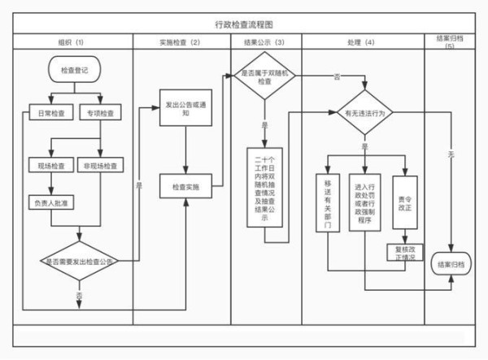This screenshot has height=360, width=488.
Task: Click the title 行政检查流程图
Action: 243,26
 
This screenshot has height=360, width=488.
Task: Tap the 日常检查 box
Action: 52,112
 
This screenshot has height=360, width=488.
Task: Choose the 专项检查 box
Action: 101,112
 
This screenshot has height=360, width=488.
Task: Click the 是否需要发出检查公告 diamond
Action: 80,261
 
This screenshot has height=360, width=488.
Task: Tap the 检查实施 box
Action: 186,188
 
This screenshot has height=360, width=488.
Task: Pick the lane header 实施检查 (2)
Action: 182,41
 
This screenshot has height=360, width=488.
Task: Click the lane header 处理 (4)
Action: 359,41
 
